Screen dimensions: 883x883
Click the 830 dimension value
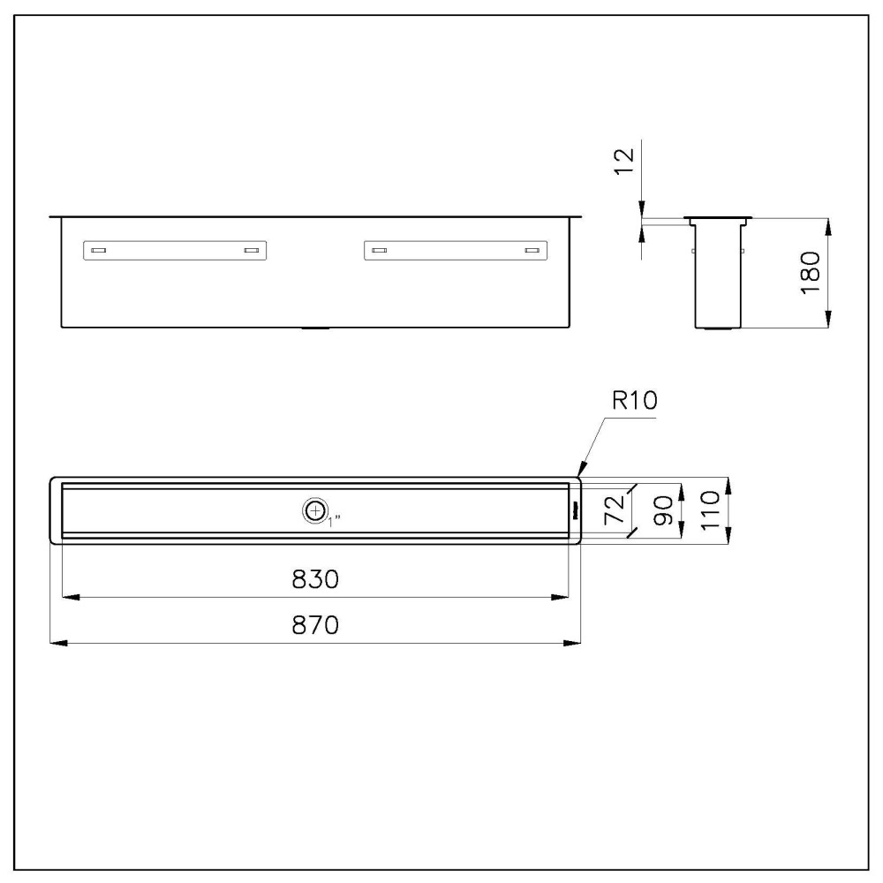coord(315,579)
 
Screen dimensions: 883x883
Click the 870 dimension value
coord(315,625)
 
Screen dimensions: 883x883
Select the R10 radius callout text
coord(634,403)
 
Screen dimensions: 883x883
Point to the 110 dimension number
coord(711,510)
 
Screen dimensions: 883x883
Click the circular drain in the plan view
coord(313,510)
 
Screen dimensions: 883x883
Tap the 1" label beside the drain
coord(334,519)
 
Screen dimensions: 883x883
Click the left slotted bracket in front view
coord(176,251)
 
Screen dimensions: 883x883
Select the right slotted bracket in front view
coord(456,251)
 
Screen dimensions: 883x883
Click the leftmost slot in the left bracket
coord(99,251)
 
